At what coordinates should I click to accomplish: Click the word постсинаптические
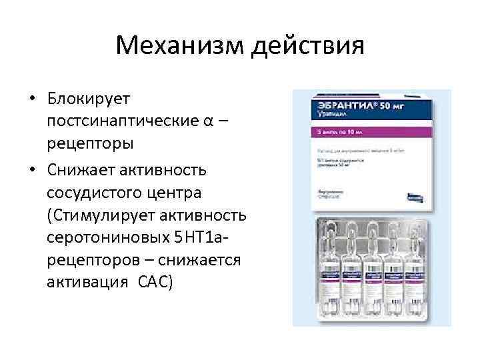[x=127, y=121]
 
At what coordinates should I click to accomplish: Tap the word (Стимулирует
[x=110, y=216]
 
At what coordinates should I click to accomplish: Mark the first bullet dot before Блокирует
[x=31, y=99]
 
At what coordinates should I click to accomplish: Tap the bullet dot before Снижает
[x=31, y=171]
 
